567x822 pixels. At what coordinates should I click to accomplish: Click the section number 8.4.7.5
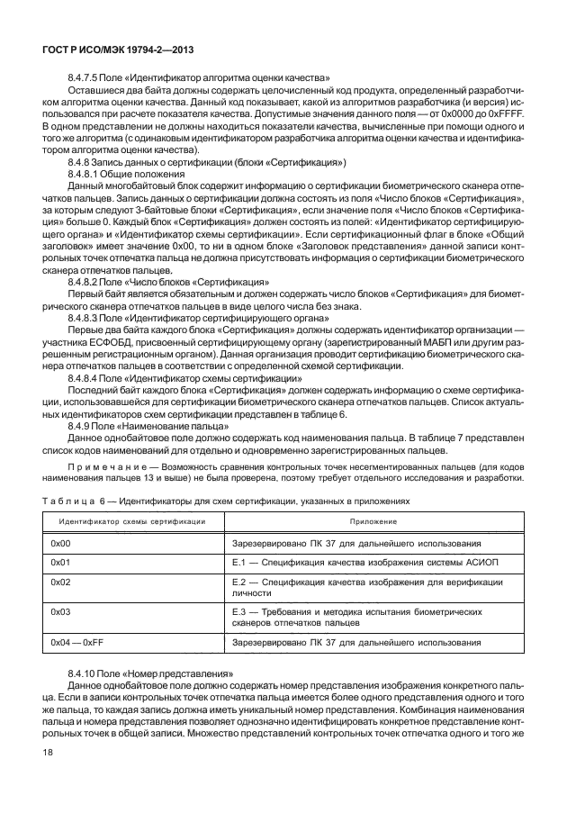point(85,78)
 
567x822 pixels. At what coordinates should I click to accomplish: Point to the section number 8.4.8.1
point(85,173)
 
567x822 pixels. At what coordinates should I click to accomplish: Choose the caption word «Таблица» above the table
point(66,501)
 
